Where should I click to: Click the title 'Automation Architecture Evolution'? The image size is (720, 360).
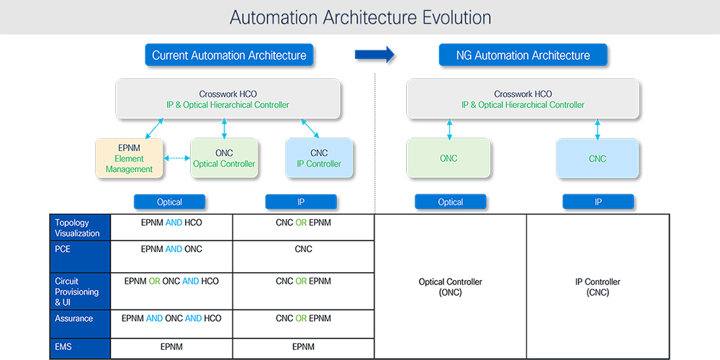(360, 17)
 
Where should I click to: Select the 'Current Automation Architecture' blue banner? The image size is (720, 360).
(229, 55)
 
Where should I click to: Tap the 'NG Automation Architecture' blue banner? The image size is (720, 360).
(523, 55)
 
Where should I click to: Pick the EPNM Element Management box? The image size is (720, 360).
(130, 158)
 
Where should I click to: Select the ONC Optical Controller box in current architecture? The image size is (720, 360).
(224, 158)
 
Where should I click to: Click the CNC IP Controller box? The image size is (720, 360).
(319, 158)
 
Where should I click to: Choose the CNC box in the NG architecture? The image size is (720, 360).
(597, 158)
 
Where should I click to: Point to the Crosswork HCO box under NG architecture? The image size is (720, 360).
(523, 99)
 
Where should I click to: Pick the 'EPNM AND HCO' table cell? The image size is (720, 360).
(171, 223)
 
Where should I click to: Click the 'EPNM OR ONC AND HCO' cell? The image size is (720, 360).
(171, 282)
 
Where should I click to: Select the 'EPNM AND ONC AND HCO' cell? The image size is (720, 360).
(171, 318)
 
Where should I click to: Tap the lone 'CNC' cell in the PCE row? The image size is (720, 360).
(303, 250)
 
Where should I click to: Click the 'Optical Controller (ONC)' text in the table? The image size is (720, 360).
(450, 287)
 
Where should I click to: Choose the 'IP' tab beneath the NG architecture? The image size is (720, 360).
(598, 202)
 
